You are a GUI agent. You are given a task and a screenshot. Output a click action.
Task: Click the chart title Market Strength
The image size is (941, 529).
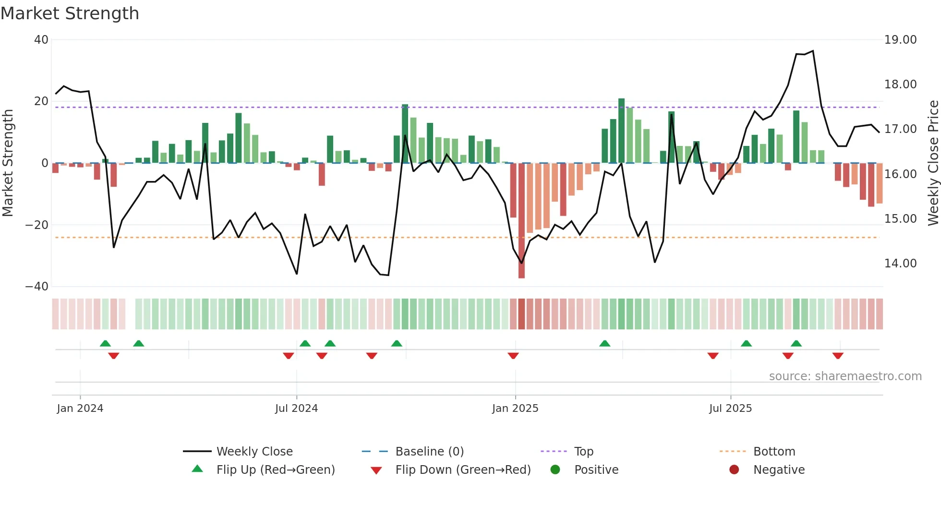click(70, 13)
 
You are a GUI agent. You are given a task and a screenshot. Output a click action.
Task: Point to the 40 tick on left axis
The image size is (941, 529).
click(41, 40)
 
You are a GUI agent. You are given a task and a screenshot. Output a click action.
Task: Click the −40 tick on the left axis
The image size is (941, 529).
click(37, 287)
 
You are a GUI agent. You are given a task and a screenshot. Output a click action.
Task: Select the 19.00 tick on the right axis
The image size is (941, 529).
click(900, 40)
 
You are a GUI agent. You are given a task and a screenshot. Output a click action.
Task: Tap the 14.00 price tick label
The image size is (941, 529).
click(900, 264)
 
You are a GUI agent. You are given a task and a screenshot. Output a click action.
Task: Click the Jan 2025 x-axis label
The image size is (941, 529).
click(515, 409)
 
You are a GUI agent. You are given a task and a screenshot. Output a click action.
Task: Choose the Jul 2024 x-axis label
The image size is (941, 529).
click(296, 409)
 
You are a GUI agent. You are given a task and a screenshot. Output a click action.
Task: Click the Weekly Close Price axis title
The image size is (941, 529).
click(933, 163)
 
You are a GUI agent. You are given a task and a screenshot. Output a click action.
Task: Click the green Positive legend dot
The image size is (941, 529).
click(555, 470)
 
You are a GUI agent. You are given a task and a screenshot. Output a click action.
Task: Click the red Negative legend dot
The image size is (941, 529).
click(734, 470)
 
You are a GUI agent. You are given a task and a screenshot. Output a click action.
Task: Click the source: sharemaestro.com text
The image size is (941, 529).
click(845, 376)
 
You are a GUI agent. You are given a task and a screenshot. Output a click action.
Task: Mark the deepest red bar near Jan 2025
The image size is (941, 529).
click(521, 221)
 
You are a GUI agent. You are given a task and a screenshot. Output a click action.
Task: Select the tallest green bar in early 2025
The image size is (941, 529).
click(621, 131)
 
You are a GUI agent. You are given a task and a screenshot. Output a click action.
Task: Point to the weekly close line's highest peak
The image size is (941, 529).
click(812, 51)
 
